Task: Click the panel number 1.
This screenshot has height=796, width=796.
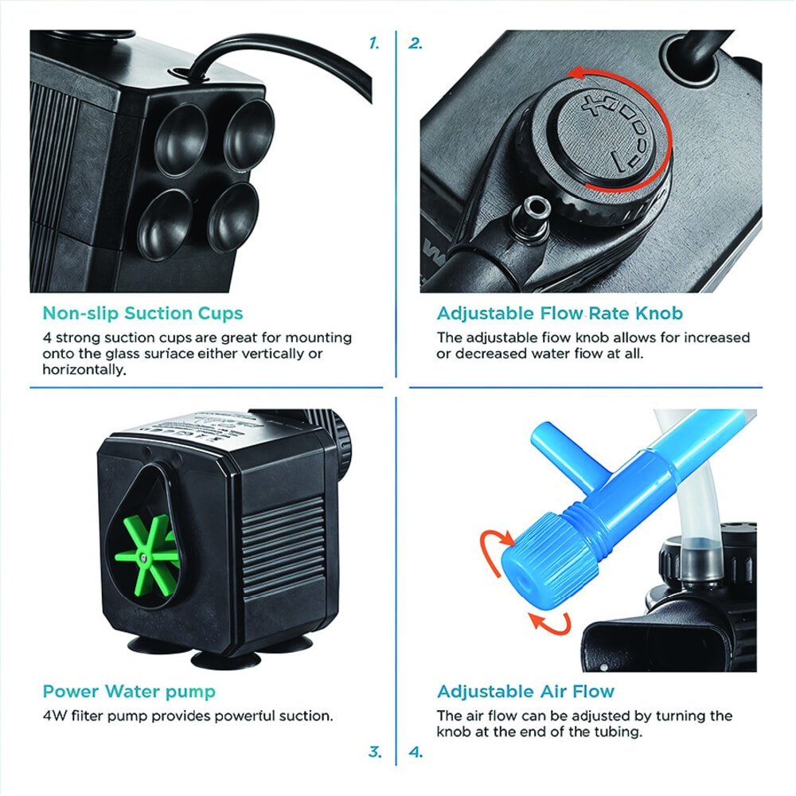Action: click(x=374, y=43)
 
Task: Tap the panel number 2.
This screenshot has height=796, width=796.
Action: click(x=416, y=43)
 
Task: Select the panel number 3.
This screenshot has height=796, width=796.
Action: click(x=375, y=751)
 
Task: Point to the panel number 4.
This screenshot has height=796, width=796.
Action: click(x=416, y=751)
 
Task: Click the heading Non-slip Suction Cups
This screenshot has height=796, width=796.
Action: click(x=142, y=313)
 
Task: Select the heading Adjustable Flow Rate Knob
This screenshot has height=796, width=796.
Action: click(x=560, y=313)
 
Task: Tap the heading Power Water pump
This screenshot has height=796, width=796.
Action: click(x=129, y=692)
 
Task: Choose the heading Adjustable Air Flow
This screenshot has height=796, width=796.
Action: click(x=526, y=692)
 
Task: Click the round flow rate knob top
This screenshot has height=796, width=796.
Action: click(x=607, y=134)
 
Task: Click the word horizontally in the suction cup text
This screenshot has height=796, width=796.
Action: click(x=84, y=369)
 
